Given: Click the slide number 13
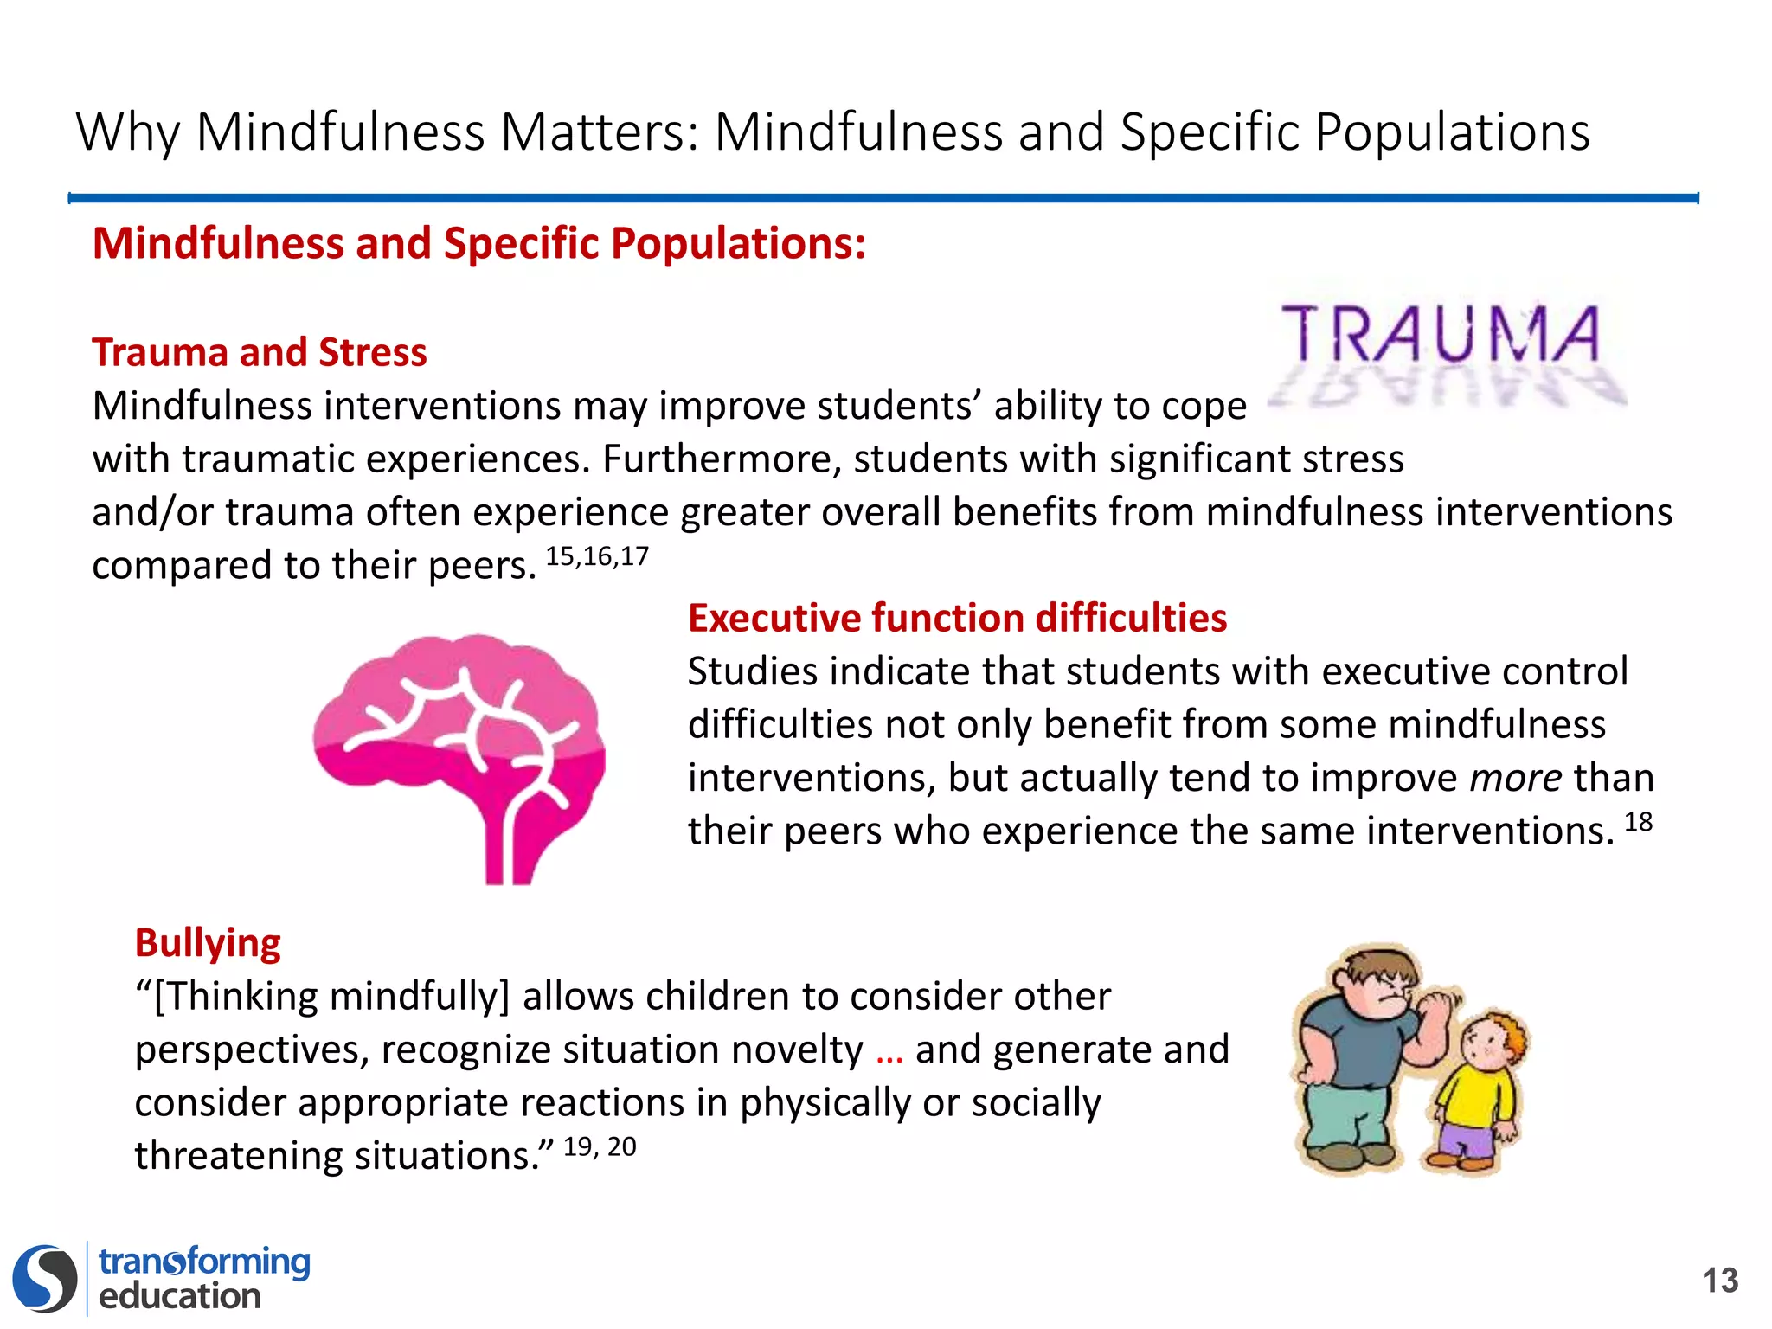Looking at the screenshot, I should (1719, 1281).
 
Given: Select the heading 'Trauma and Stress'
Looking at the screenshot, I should (260, 353).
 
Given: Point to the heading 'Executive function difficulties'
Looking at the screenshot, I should (957, 619).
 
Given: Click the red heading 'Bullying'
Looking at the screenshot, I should (208, 943).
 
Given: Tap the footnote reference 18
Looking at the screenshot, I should (1638, 822).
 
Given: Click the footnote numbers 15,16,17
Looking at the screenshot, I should (597, 556).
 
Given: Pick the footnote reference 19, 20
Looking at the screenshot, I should (600, 1147).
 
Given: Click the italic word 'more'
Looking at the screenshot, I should (1515, 778).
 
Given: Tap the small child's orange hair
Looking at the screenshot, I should (1506, 1030).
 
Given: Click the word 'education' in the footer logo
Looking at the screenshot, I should (180, 1296).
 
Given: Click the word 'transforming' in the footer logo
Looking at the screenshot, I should (204, 1262).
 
